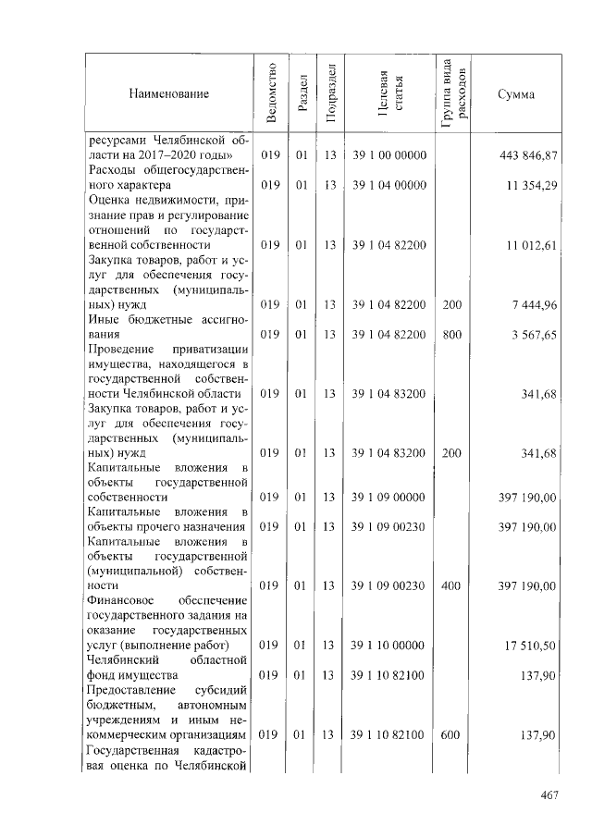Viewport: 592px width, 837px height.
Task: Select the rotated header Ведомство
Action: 270,93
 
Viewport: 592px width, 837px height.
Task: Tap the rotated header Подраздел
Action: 330,93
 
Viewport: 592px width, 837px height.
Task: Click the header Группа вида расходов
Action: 454,93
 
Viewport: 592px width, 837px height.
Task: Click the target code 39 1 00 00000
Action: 388,154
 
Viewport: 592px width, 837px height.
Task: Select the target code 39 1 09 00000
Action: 388,497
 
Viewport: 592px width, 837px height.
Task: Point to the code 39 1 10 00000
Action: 388,645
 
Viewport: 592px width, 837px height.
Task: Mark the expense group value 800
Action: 452,334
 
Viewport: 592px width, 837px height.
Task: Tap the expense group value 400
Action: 452,585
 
